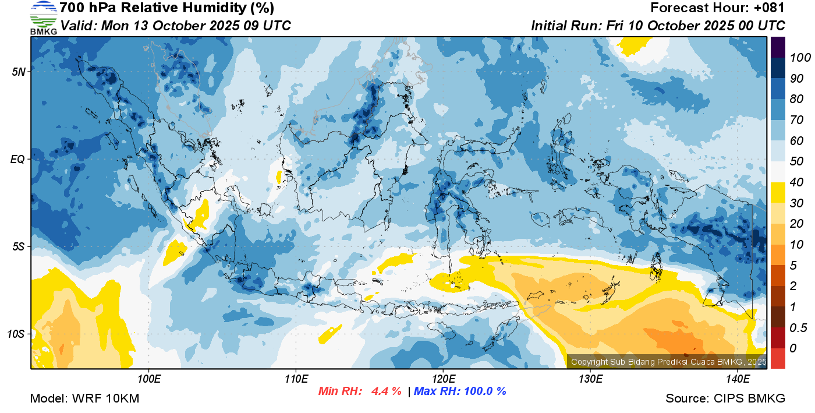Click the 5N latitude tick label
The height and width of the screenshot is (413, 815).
pos(18,72)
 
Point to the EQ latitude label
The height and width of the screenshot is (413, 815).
pos(18,159)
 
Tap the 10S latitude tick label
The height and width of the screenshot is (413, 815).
pos(17,334)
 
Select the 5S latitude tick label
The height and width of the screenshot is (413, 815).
pos(18,246)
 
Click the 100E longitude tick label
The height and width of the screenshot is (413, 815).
pos(149,379)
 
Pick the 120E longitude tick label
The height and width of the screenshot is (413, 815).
pos(443,379)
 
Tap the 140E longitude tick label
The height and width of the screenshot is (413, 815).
pos(738,379)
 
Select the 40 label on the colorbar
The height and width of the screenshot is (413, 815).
pos(797,182)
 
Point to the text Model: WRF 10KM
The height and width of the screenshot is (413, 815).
pos(84,398)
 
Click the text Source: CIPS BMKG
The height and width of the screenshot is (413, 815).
pos(725,398)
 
